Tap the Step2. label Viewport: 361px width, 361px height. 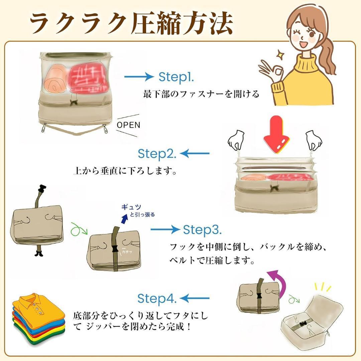(x=157, y=154)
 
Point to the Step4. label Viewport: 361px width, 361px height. (x=157, y=298)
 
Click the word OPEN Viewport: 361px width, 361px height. (x=128, y=125)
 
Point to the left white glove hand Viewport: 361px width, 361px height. (x=236, y=140)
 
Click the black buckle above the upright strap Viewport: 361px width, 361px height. (x=41, y=189)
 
